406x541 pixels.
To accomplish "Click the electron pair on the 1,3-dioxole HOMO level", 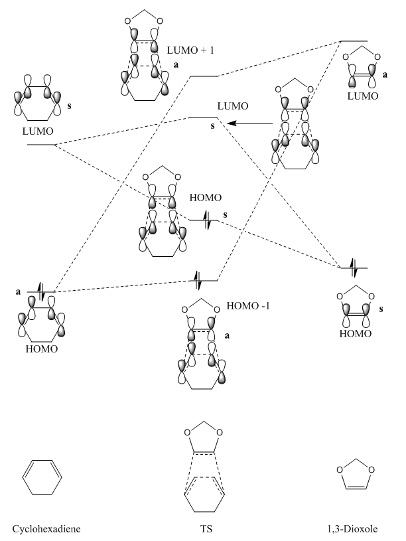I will pos(353,268).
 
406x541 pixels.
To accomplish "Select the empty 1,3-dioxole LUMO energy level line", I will pos(354,41).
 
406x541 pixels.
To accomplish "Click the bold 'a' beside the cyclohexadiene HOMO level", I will pos(20,291).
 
